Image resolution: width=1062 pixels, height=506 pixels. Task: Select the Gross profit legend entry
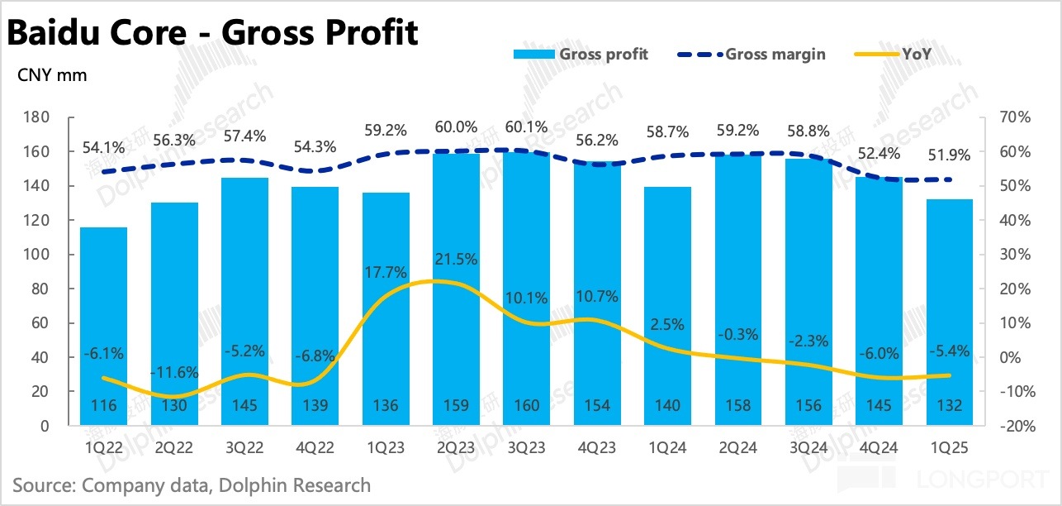[x=581, y=54]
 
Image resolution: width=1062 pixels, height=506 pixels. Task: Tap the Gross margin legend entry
[x=751, y=54]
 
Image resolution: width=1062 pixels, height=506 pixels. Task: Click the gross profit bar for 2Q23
[x=456, y=289]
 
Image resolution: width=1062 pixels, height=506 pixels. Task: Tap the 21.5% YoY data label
[x=456, y=259]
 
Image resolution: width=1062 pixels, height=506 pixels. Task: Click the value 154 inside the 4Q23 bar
[x=596, y=406]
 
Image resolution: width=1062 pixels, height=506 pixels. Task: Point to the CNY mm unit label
[x=52, y=75]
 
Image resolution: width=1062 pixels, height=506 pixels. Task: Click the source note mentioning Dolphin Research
[x=192, y=485]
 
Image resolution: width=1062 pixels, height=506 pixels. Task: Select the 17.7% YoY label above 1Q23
[x=386, y=273]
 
